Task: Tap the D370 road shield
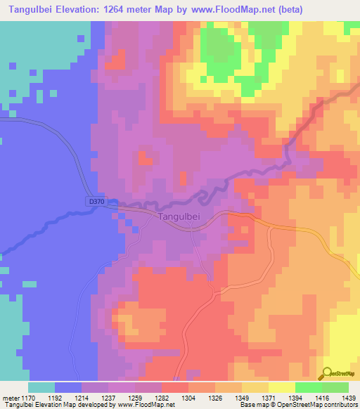pos(97,202)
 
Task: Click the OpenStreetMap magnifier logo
pos(326,373)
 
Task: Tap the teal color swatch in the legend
pos(41,387)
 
